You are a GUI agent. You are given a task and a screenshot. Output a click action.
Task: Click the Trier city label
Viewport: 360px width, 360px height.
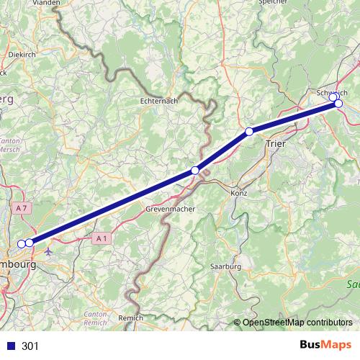tap(276, 143)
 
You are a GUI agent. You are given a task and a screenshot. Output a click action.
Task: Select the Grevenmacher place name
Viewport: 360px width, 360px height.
tap(170, 208)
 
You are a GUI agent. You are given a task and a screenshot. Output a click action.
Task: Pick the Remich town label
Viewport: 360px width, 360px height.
tap(130, 317)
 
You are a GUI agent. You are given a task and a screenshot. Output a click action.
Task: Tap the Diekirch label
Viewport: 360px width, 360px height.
tap(22, 54)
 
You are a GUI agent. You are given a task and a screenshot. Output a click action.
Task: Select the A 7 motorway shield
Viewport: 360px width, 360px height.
tap(21, 207)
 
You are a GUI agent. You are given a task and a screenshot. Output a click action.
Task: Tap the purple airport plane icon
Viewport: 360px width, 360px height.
tap(49, 252)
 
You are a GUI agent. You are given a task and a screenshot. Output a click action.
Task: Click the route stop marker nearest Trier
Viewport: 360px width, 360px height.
tap(249, 131)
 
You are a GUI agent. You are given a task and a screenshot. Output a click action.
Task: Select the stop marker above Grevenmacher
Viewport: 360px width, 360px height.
tap(195, 170)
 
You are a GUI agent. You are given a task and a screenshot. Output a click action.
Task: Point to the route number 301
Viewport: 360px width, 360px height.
tap(30, 346)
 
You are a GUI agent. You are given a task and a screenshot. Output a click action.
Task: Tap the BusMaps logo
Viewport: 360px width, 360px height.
tap(325, 346)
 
